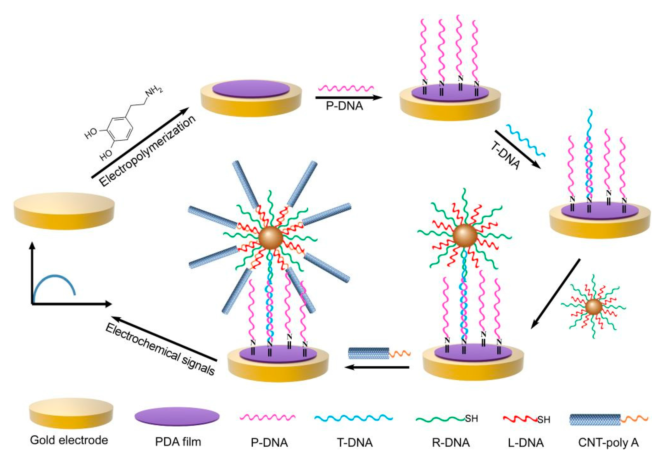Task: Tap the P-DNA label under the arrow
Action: point(344,106)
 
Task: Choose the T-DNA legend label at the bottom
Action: point(355,442)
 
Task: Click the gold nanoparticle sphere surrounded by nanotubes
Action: point(271,237)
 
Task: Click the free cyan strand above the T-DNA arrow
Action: point(526,140)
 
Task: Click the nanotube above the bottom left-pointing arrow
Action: point(369,353)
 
